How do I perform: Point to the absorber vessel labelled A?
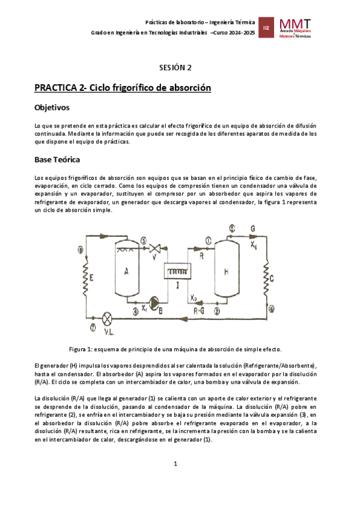click(127, 271)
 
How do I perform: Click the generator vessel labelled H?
click(226, 271)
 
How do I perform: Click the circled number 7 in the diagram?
click(92, 328)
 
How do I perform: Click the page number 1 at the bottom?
click(175, 464)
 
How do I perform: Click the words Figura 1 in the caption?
click(82, 349)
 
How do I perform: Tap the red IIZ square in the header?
click(266, 28)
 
